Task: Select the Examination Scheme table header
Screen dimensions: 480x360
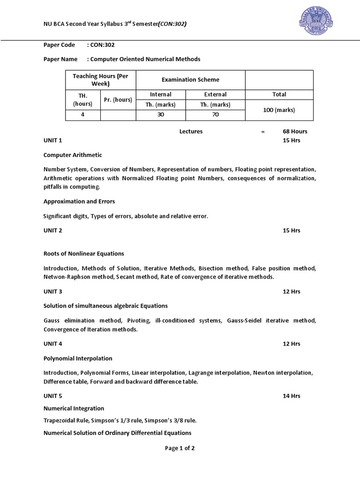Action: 190,80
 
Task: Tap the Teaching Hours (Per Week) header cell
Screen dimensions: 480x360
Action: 100,80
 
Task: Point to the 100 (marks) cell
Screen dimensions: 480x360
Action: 279,110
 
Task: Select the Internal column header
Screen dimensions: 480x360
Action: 161,94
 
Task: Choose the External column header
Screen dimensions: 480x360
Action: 215,94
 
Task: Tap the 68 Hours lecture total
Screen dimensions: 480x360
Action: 295,131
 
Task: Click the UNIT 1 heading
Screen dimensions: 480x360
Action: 53,141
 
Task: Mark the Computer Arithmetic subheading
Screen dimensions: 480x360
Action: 73,155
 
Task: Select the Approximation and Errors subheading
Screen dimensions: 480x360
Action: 79,202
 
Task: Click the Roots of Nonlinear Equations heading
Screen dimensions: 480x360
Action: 84,254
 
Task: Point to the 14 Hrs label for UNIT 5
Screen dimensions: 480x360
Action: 292,396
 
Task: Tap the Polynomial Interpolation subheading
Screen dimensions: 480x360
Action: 78,359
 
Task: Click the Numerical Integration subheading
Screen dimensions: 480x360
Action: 74,408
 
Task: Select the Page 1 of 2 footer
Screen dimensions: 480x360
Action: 180,448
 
